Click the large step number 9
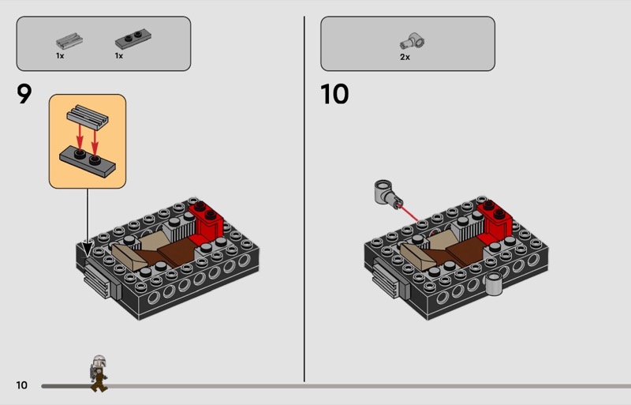[x=24, y=94]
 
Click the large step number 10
[x=334, y=94]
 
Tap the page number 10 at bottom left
[x=22, y=385]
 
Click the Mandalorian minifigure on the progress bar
[x=98, y=373]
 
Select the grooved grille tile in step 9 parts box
[x=69, y=41]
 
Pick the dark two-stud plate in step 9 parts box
[x=133, y=39]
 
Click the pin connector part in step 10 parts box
[x=413, y=42]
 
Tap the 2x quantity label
[x=405, y=57]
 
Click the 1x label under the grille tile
[x=60, y=56]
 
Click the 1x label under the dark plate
[x=119, y=56]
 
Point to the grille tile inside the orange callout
[x=88, y=117]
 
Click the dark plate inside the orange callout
[x=88, y=161]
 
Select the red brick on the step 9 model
[x=207, y=222]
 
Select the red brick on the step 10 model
[x=495, y=222]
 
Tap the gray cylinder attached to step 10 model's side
[x=494, y=283]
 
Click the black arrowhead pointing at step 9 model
[x=88, y=248]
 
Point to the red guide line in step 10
[x=408, y=213]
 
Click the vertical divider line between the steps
[x=304, y=199]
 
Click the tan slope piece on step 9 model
[x=129, y=257]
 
